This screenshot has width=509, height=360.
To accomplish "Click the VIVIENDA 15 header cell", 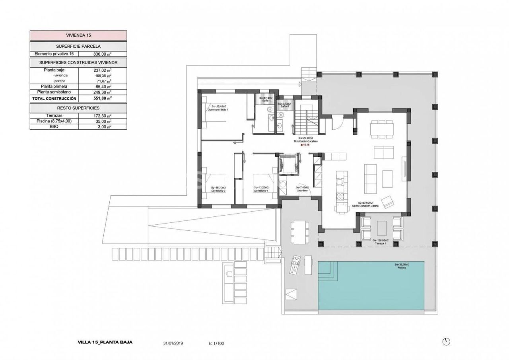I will (x=78, y=35).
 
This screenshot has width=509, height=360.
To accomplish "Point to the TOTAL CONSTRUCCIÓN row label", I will (x=54, y=98).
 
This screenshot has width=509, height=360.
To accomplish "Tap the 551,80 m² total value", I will (x=103, y=98).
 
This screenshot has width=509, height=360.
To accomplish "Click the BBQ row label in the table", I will (x=54, y=127).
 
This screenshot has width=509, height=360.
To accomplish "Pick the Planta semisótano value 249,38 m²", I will (x=103, y=92).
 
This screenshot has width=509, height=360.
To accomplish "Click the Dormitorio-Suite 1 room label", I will (x=220, y=109).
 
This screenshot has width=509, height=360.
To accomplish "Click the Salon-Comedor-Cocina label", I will (x=365, y=206).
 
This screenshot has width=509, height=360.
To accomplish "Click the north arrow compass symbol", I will (x=446, y=342).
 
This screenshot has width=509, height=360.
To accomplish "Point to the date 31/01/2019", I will (x=173, y=342).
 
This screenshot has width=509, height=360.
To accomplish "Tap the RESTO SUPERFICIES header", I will (x=78, y=108).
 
